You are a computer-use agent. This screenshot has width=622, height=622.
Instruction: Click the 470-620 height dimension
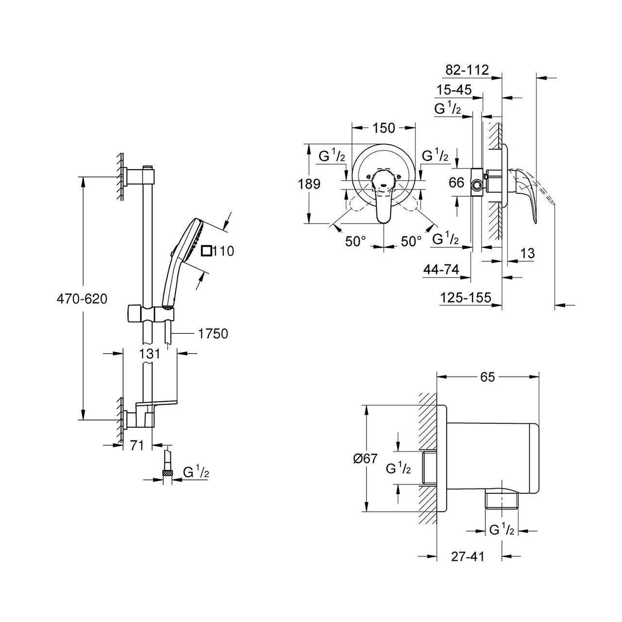(82, 299)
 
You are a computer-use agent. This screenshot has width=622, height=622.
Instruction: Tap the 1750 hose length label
(213, 334)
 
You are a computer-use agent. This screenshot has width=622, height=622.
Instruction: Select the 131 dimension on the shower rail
(150, 354)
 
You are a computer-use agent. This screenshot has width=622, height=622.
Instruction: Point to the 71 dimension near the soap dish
(137, 446)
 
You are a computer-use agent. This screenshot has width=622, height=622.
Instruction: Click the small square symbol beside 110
(207, 251)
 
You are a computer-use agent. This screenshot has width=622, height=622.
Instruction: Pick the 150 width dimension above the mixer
(384, 128)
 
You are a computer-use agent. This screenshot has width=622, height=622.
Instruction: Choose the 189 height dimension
(309, 184)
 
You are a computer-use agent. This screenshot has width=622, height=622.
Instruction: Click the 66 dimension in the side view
(456, 183)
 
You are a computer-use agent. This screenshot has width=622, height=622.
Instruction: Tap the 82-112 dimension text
(467, 69)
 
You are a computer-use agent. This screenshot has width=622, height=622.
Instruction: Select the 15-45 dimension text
(454, 89)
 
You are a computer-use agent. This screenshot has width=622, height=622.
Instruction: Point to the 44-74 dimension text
(441, 269)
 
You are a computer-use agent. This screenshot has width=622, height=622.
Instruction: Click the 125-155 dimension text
(466, 297)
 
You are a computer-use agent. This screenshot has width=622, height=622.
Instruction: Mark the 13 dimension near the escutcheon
(528, 253)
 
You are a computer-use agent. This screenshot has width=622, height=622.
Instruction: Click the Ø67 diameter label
(365, 458)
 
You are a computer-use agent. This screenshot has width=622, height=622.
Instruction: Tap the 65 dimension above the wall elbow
(487, 377)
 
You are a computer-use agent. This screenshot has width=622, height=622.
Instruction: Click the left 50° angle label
(356, 241)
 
